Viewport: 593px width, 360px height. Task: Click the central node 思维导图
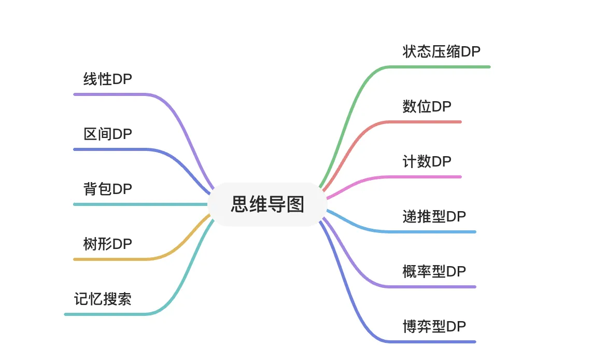pos(267,204)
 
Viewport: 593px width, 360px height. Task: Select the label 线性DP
pos(108,79)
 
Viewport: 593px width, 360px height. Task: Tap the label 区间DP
pos(108,134)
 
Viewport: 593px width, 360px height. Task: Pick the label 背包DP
pos(108,189)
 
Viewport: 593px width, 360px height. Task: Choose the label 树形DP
pos(108,244)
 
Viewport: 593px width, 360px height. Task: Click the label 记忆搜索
pos(103,299)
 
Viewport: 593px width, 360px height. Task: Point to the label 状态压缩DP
pos(441,51)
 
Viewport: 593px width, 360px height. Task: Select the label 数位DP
pos(427,106)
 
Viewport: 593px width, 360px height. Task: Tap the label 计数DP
pos(427,162)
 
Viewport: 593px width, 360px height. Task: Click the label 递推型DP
pos(434,216)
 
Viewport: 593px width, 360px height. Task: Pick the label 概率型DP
pos(434,271)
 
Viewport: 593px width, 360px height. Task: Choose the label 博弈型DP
pos(434,326)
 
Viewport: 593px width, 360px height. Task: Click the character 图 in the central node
pos(295,204)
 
